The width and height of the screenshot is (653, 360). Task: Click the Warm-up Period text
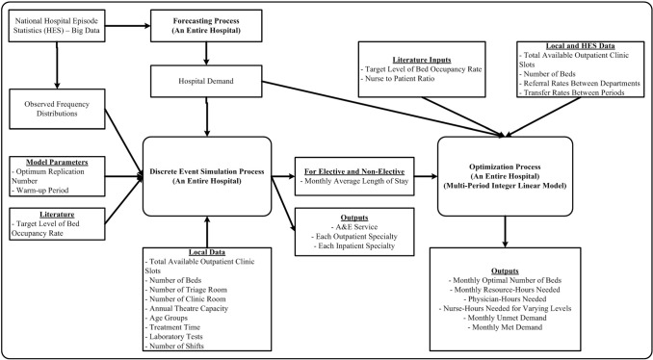coord(44,187)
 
